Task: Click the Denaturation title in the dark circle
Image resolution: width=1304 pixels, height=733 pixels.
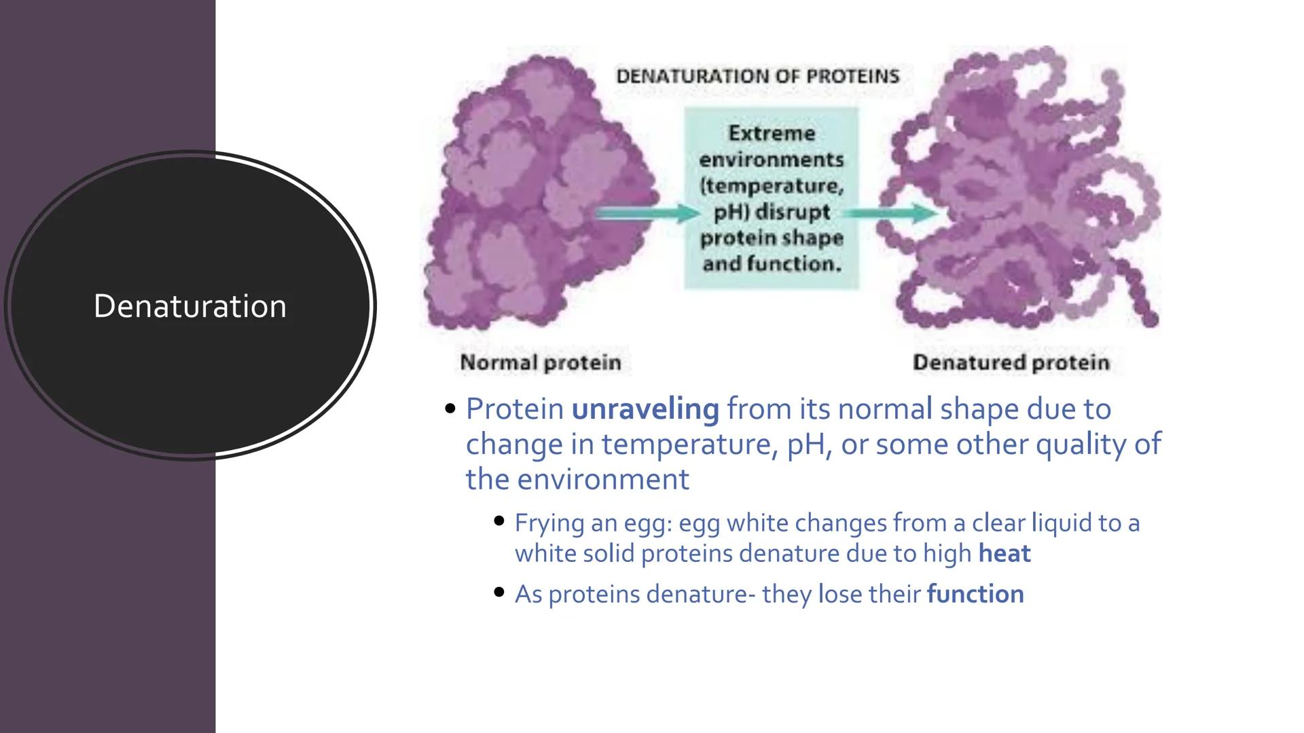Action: tap(189, 306)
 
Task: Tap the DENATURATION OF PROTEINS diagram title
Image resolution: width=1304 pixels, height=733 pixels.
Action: tap(757, 76)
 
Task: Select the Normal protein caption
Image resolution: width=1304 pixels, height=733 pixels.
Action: tap(541, 362)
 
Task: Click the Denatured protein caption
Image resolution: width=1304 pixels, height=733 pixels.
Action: tap(1011, 362)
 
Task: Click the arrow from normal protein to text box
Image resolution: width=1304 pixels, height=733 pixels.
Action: tap(645, 214)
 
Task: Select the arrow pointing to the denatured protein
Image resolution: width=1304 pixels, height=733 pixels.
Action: tap(890, 214)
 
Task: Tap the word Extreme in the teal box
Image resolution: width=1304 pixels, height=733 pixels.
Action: tap(771, 133)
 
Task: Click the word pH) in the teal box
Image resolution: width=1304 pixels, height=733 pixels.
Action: tap(731, 212)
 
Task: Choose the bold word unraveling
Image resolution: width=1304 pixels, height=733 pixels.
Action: tap(645, 409)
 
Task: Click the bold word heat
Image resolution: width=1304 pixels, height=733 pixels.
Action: tap(1004, 554)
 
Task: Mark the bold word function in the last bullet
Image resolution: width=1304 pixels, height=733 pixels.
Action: tap(975, 595)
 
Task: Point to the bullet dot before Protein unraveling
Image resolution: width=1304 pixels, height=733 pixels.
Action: tap(450, 409)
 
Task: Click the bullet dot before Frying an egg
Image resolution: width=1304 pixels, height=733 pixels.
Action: tap(499, 522)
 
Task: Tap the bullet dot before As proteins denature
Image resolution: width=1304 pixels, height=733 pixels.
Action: tap(499, 593)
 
